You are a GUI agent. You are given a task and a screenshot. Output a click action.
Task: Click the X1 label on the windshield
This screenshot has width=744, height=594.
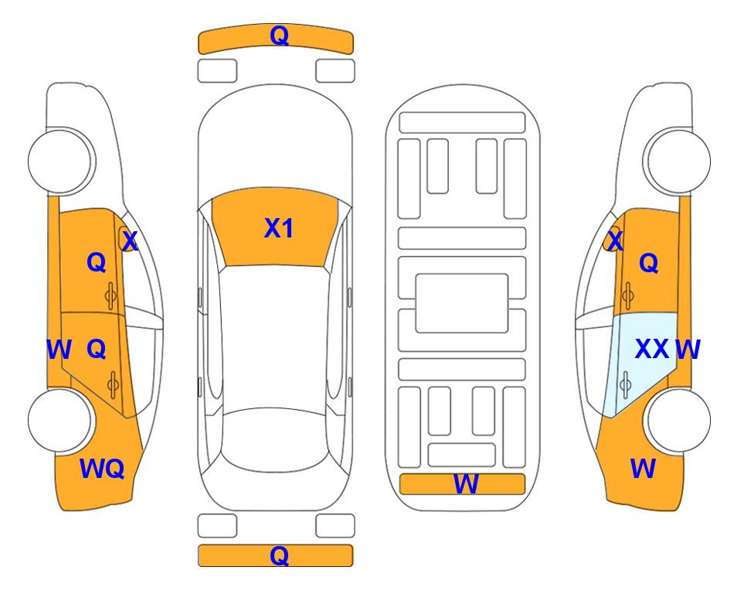279,228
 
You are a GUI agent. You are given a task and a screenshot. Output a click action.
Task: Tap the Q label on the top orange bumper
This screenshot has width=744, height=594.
279,36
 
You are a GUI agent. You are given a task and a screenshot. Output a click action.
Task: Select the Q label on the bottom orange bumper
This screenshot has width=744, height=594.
279,555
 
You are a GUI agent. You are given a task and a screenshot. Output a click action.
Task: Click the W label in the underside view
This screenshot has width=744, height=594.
466,484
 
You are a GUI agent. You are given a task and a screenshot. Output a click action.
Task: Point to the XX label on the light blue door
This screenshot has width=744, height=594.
652,350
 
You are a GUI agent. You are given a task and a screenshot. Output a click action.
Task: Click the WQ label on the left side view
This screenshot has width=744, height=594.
102,469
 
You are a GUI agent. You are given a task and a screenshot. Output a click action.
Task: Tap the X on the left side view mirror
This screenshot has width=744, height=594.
130,241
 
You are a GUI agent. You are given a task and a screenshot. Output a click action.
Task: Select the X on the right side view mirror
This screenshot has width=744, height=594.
615,241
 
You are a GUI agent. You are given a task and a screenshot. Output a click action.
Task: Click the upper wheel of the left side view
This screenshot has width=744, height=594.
60,161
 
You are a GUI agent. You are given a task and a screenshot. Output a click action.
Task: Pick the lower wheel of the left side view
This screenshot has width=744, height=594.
60,420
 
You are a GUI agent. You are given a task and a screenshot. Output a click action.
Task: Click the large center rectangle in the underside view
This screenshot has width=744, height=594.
462,303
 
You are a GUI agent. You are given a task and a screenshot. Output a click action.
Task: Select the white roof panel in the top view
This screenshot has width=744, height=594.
275,337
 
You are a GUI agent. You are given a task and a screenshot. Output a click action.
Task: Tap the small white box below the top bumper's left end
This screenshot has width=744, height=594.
217,71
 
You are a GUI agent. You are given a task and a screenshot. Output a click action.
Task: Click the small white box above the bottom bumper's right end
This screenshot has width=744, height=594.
335,526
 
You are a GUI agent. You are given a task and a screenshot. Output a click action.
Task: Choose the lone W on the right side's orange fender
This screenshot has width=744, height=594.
643,469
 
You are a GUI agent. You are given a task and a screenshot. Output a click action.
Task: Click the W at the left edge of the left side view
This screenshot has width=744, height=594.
59,350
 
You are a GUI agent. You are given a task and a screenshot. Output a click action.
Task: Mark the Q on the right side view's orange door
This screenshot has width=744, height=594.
649,263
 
